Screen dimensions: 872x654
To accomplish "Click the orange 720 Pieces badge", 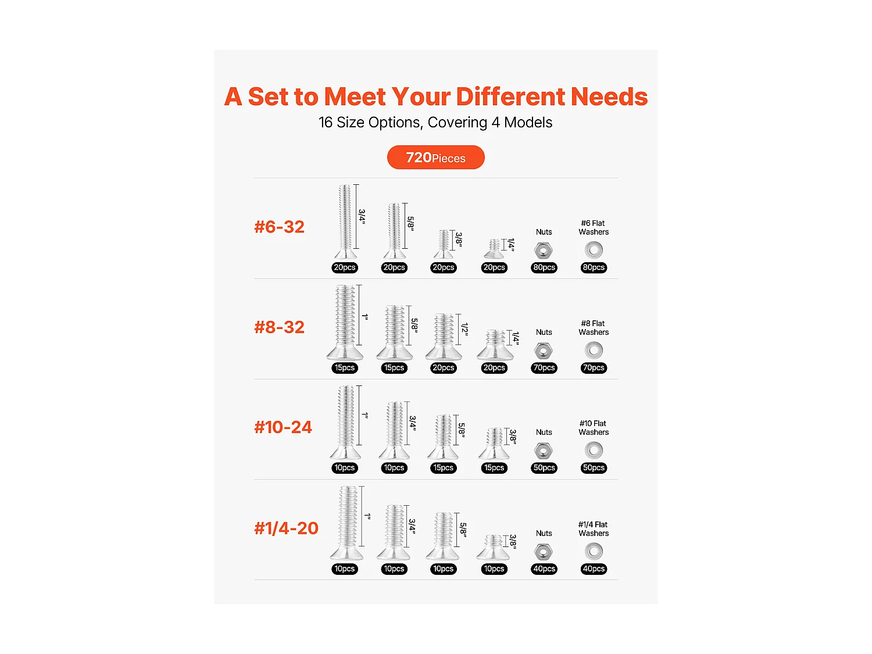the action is (x=435, y=157).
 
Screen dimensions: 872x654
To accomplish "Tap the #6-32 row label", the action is (x=279, y=227).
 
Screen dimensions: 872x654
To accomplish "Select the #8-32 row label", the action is (x=279, y=327).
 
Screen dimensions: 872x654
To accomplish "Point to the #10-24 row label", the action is (x=283, y=427).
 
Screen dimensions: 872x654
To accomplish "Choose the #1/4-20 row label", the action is (x=286, y=528).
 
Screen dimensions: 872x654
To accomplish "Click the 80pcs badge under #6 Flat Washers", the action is (x=594, y=267).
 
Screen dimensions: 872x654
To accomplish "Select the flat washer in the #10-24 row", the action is (x=594, y=451).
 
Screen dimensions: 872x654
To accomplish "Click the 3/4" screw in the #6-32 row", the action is (x=345, y=221).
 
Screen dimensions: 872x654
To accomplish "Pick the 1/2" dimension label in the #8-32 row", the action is (x=464, y=329).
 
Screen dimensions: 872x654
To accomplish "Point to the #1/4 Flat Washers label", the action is (x=593, y=528).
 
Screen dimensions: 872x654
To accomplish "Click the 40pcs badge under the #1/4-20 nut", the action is (x=544, y=569).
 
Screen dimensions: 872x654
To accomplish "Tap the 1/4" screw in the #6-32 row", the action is (x=494, y=249).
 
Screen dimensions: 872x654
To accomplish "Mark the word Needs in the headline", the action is (x=609, y=97).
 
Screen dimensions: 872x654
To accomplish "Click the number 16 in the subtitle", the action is (x=325, y=122).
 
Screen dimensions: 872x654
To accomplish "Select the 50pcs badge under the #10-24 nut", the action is (x=544, y=467).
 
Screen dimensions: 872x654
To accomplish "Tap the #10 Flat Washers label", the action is (x=593, y=428).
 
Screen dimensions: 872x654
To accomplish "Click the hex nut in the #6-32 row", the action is (x=543, y=251).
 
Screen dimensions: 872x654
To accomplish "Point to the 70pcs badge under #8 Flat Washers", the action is (x=594, y=368).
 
